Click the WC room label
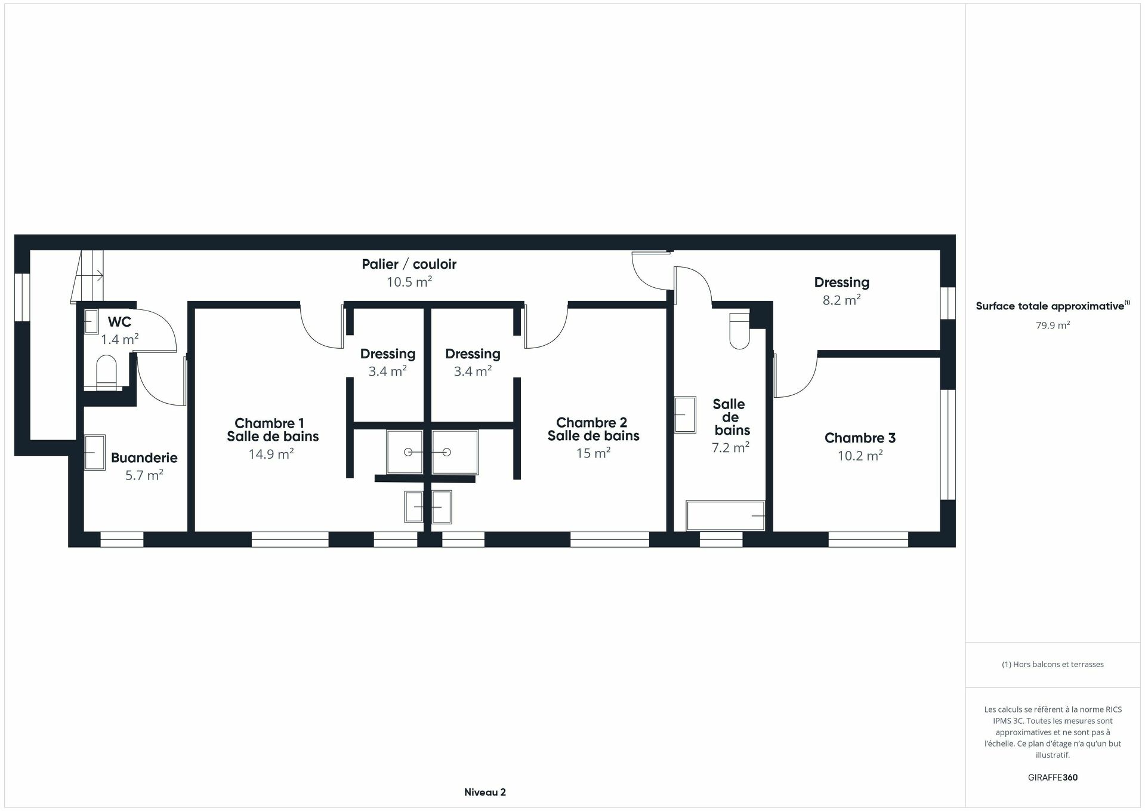[x=119, y=322]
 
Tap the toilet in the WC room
[x=107, y=372]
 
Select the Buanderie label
[x=144, y=458]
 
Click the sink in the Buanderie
[x=94, y=452]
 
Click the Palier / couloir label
[x=409, y=264]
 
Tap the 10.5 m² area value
[x=409, y=282]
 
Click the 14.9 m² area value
[x=271, y=454]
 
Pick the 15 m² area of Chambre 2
[x=592, y=454]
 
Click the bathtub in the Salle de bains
[x=725, y=515]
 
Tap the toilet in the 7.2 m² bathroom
[x=740, y=330]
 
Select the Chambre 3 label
[x=860, y=438]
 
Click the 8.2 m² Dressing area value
[x=841, y=300]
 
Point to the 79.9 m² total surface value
[x=1053, y=325]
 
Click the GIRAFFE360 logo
[x=1053, y=778]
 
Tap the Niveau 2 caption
[x=485, y=792]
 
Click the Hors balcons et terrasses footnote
[x=1053, y=664]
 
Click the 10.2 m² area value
[x=860, y=456]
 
